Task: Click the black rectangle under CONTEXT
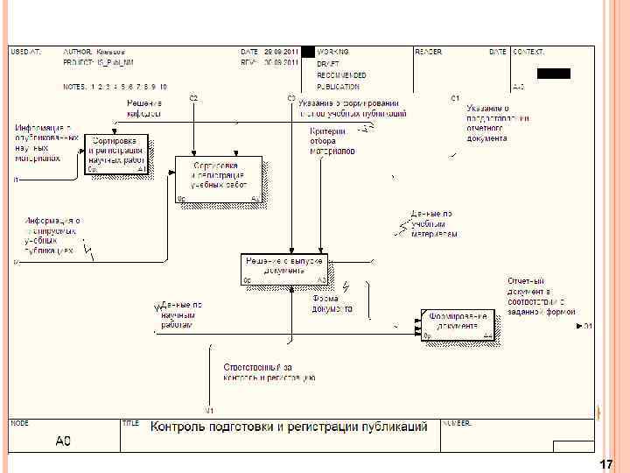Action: point(553,74)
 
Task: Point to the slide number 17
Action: point(605,464)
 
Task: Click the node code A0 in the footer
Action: point(63,441)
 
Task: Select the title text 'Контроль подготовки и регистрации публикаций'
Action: point(289,427)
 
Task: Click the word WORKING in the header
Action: point(333,52)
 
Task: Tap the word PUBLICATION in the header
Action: point(338,87)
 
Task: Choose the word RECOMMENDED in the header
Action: point(342,75)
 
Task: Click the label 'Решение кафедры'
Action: point(143,109)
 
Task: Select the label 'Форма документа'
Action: point(332,304)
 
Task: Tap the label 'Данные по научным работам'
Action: point(181,314)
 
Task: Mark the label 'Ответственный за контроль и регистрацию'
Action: point(269,372)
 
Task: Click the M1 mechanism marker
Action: point(210,410)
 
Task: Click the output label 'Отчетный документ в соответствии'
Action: point(541,296)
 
